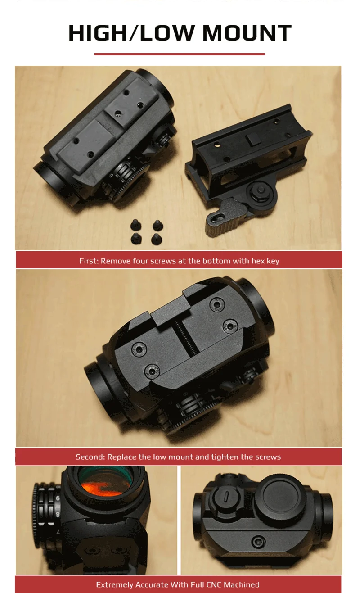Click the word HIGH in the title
pos(98,33)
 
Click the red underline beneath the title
pos(180,54)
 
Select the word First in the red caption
pos(89,261)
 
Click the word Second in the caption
pos(90,457)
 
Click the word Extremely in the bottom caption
pos(115,585)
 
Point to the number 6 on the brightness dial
pos(58,498)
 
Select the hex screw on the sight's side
pos(258,542)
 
